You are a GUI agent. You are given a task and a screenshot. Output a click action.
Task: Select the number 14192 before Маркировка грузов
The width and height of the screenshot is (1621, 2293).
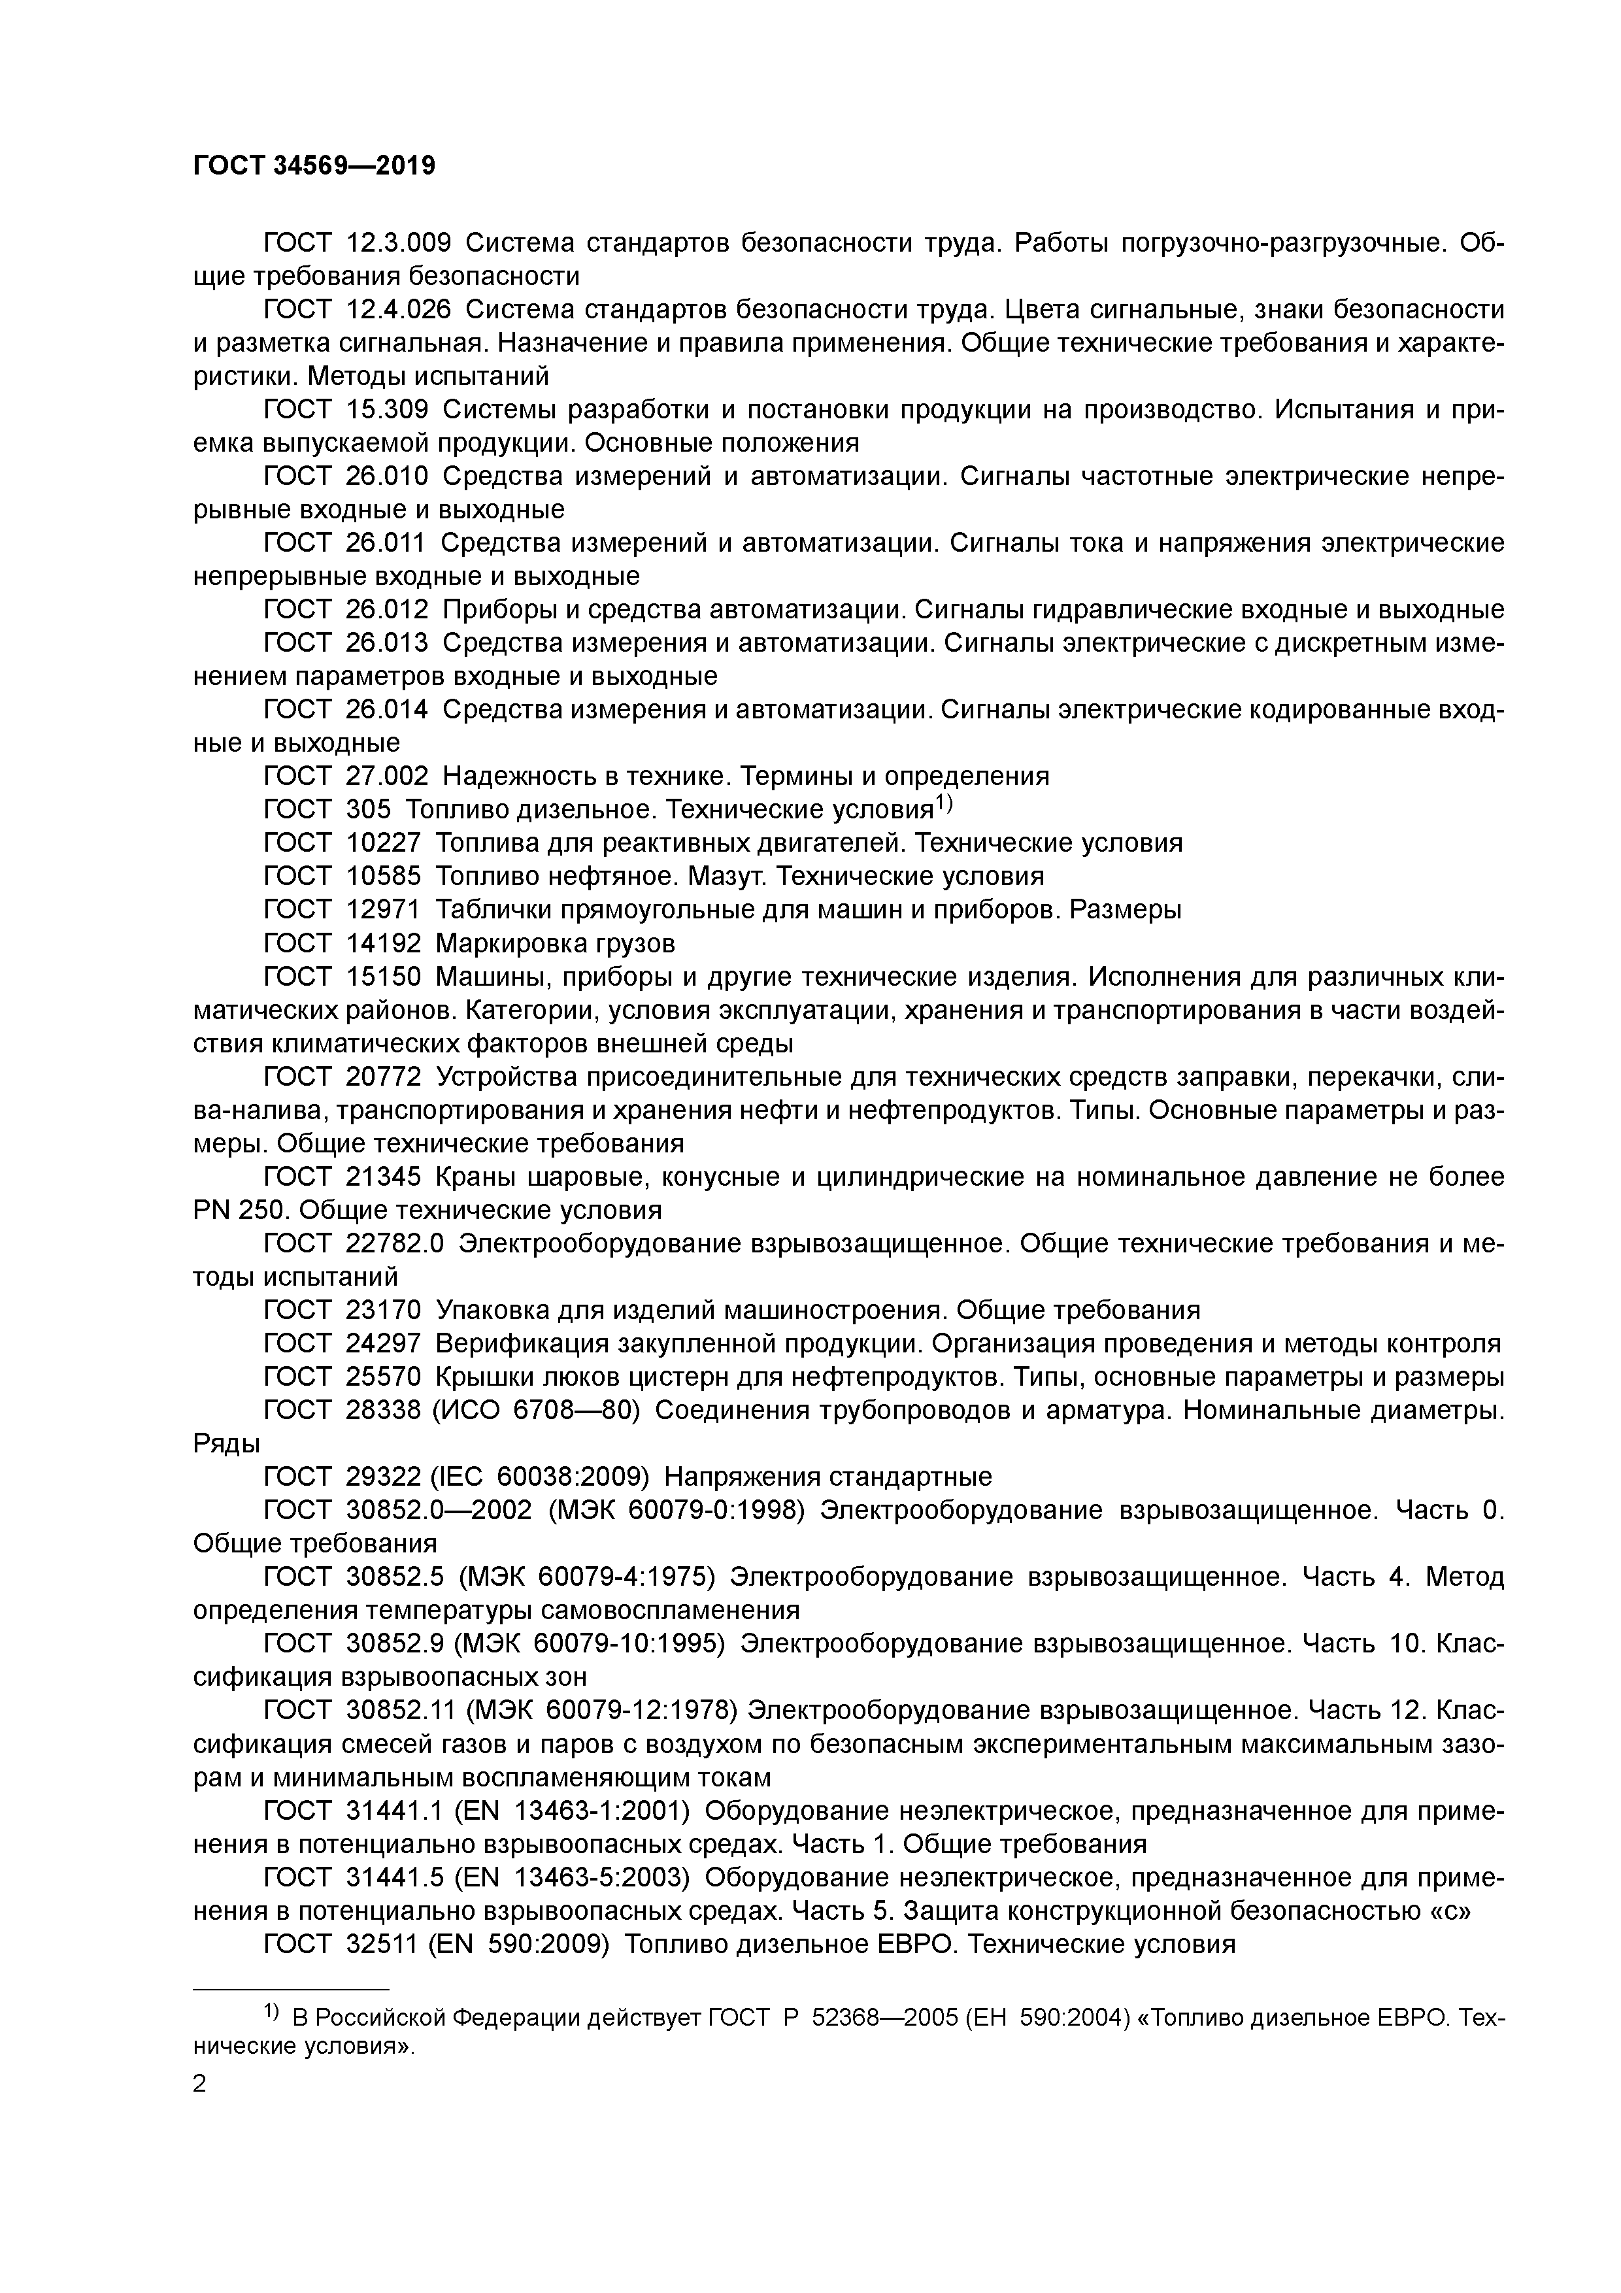pyautogui.click(x=384, y=943)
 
